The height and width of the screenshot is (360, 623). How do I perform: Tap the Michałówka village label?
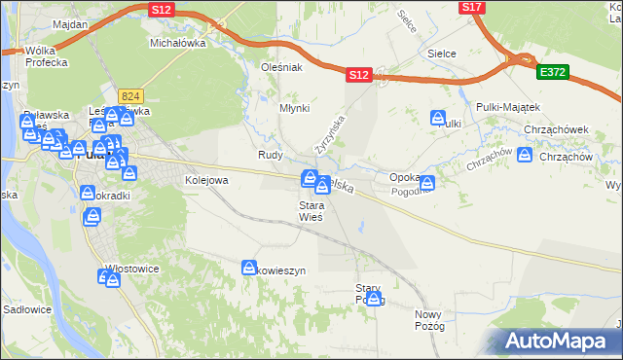[174, 44]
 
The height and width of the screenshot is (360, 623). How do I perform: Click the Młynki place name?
[295, 108]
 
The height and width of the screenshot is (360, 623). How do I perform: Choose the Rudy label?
[270, 155]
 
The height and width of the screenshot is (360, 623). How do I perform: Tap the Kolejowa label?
[206, 180]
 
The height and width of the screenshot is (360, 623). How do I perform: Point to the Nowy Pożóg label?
[429, 320]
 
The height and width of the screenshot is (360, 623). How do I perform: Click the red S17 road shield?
[472, 7]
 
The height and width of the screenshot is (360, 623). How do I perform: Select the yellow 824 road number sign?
[130, 95]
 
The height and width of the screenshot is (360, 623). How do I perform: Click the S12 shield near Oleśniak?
[359, 74]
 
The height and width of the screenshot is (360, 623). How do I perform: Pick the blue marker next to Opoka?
[425, 182]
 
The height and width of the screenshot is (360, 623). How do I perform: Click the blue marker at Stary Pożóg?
[373, 298]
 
